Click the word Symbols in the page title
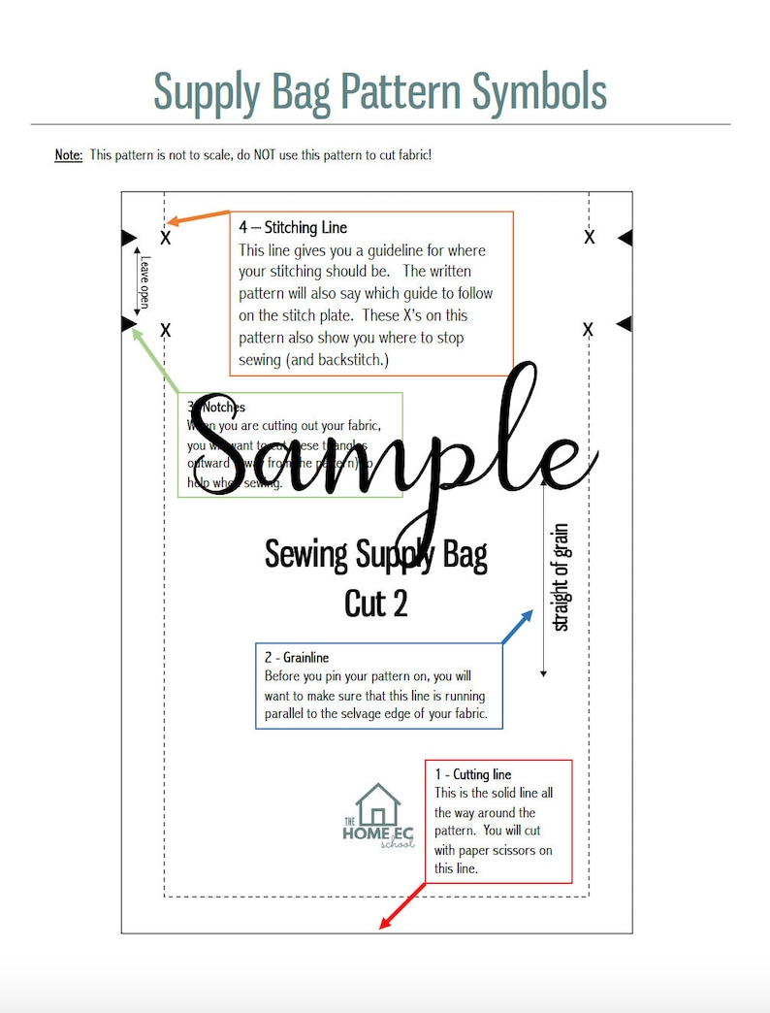539,91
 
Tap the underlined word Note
68,155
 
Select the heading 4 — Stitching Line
293,228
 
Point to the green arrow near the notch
155,358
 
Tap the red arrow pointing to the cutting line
402,905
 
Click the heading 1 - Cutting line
472,774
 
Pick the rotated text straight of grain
561,577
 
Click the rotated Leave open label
144,282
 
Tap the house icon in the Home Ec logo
377,804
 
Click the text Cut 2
376,604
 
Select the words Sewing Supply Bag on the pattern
376,555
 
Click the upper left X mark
166,238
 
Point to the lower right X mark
588,331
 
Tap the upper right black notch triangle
625,238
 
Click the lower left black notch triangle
128,323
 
